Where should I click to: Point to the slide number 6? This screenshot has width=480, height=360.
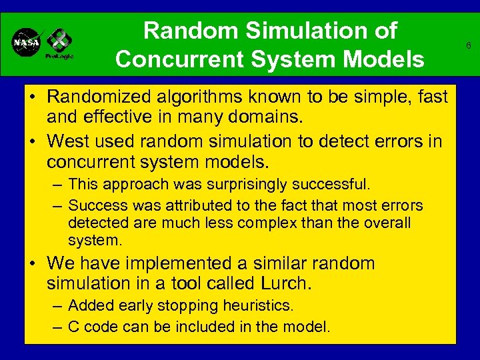click(469, 46)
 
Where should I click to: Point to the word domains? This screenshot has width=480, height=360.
click(271, 117)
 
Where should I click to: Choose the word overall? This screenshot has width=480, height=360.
click(387, 222)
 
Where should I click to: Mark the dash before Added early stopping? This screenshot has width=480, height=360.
click(58, 306)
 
